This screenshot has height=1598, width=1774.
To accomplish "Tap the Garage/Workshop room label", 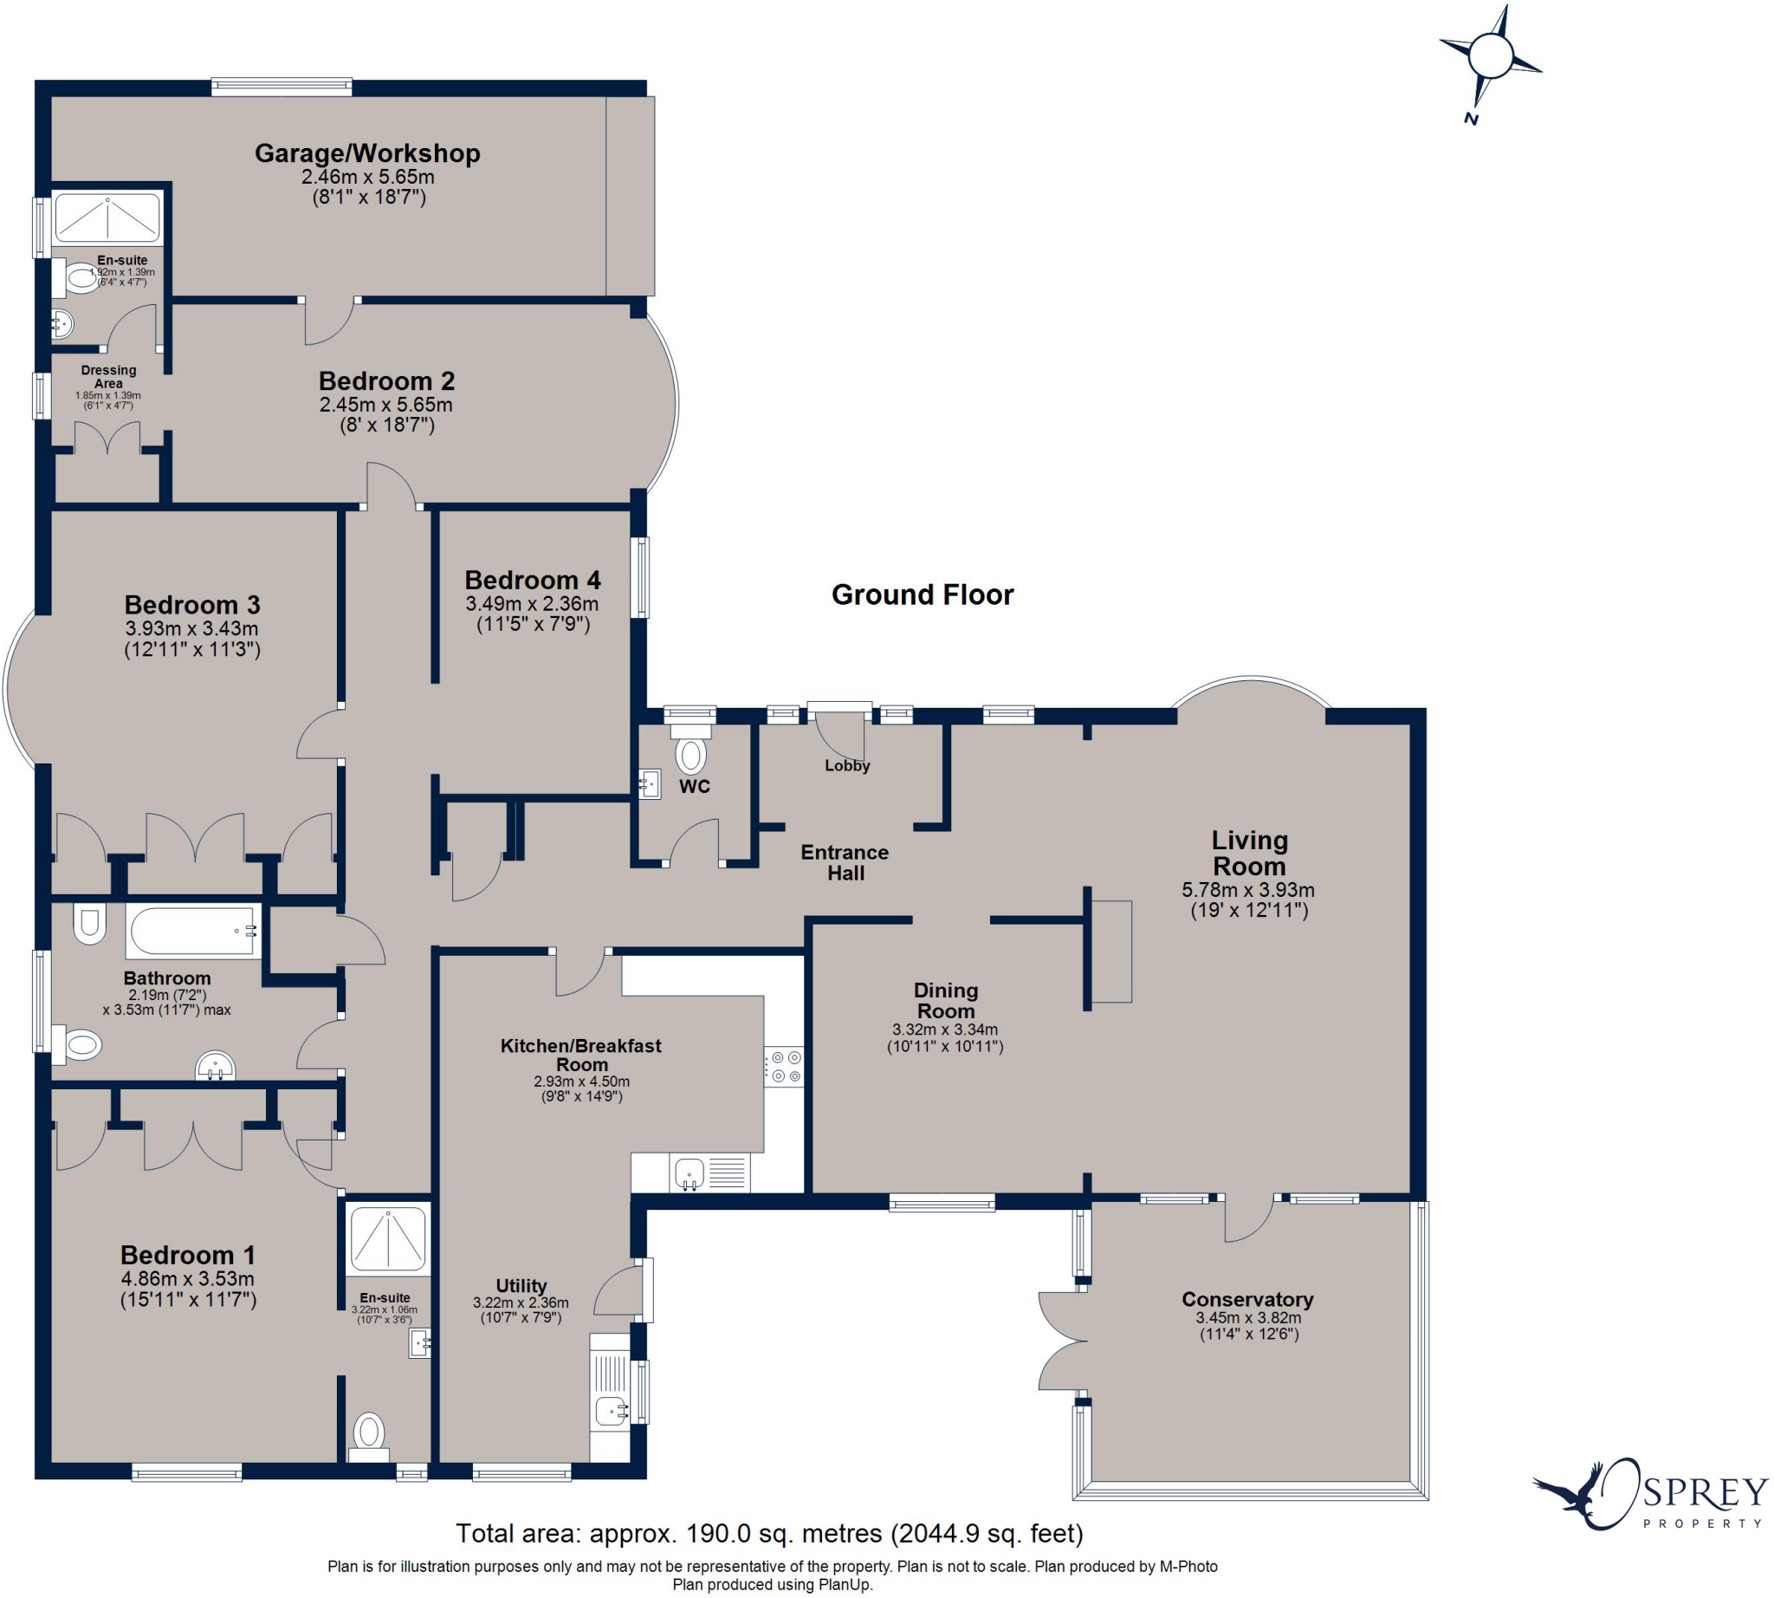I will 367,153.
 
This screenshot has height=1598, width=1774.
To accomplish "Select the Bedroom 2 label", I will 386,381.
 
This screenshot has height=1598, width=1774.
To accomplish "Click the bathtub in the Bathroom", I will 194,932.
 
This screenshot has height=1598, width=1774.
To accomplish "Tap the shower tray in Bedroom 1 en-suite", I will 387,1238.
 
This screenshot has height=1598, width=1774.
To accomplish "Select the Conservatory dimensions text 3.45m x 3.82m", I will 1247,1318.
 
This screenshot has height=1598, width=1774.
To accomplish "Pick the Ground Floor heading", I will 922,595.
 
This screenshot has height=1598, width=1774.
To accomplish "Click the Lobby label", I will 846,765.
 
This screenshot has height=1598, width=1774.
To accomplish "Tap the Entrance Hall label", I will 845,862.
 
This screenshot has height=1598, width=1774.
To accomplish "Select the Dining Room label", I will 944,1000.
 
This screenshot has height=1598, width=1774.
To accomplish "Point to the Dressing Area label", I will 108,377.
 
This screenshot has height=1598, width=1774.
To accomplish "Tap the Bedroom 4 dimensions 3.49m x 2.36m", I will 531,604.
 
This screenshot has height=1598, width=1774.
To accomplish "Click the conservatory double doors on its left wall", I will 1059,1341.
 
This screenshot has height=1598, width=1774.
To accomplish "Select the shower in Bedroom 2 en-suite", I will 107,217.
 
